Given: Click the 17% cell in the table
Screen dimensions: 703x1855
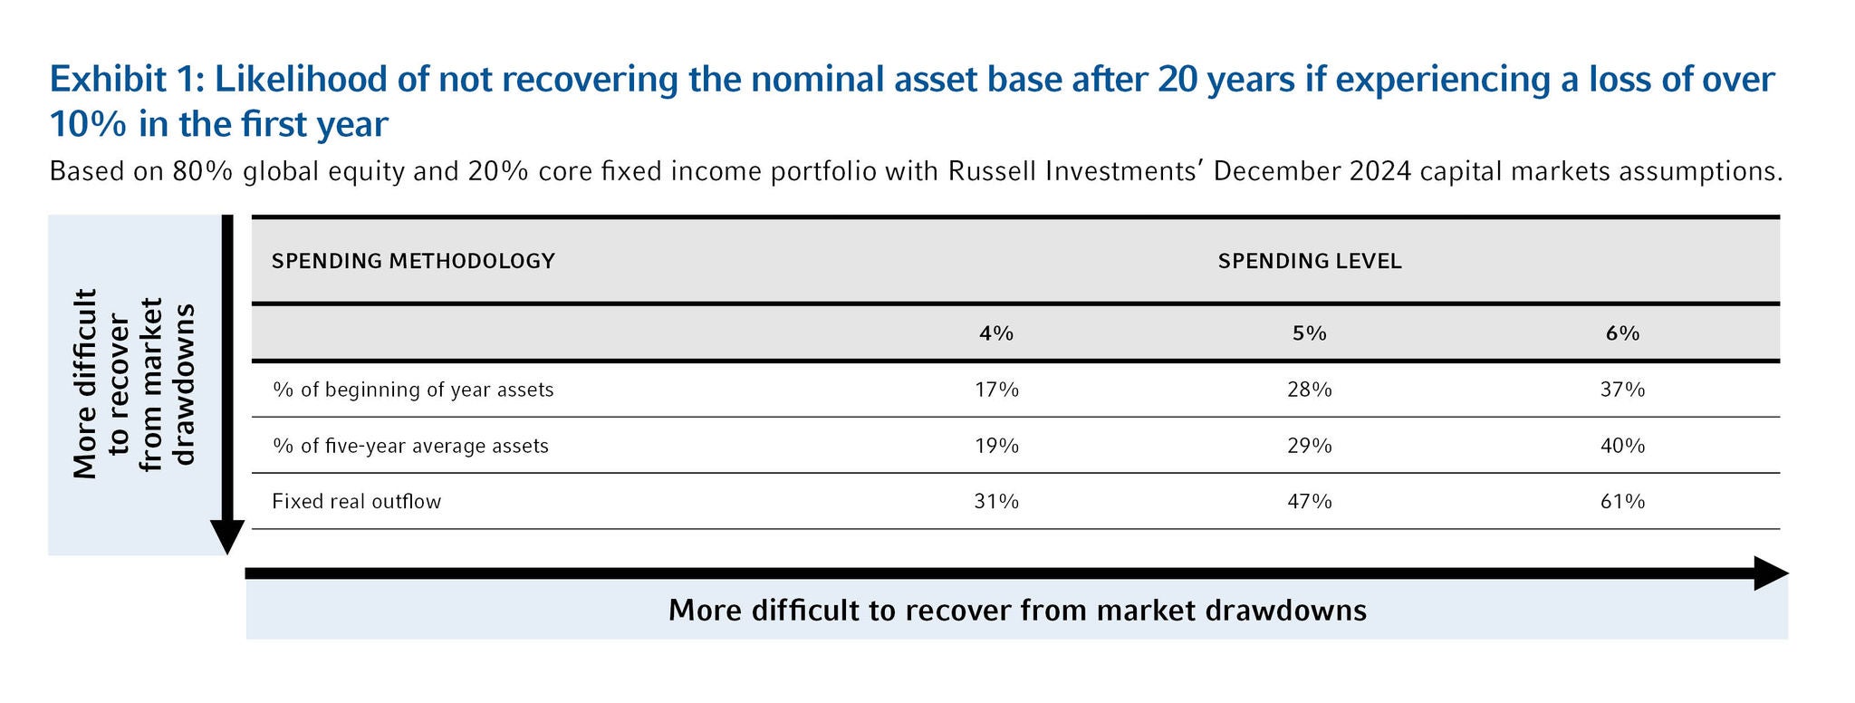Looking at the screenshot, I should (x=996, y=390).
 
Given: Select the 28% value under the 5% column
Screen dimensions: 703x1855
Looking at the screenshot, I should (x=1309, y=390).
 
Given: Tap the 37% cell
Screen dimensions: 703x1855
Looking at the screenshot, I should (x=1622, y=390).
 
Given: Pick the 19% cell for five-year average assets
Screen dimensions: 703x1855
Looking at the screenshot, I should (x=996, y=446).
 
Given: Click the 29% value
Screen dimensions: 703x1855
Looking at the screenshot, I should (x=1309, y=446).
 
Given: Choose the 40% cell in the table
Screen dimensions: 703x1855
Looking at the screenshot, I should (x=1622, y=446).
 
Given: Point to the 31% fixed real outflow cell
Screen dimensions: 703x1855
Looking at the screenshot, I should (x=996, y=501).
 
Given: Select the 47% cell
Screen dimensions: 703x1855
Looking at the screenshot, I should (x=1309, y=501).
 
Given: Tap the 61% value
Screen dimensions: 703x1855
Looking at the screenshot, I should (x=1622, y=501).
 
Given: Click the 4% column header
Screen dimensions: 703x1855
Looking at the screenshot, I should (x=996, y=333).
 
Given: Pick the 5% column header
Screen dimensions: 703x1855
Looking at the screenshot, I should (x=1309, y=333).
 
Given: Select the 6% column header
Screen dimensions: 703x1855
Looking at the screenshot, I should (x=1622, y=333).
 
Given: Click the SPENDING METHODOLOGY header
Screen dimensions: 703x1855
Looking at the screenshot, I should (x=413, y=261).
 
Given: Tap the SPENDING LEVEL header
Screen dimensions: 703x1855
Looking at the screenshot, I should (x=1310, y=261).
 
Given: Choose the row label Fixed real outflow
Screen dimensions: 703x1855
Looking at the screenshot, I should (x=356, y=501).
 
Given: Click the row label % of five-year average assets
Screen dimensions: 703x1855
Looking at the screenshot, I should (x=410, y=446).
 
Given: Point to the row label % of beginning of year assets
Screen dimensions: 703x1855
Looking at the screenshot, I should (x=413, y=390).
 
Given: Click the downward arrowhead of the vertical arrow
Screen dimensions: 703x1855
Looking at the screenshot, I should (x=227, y=537).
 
